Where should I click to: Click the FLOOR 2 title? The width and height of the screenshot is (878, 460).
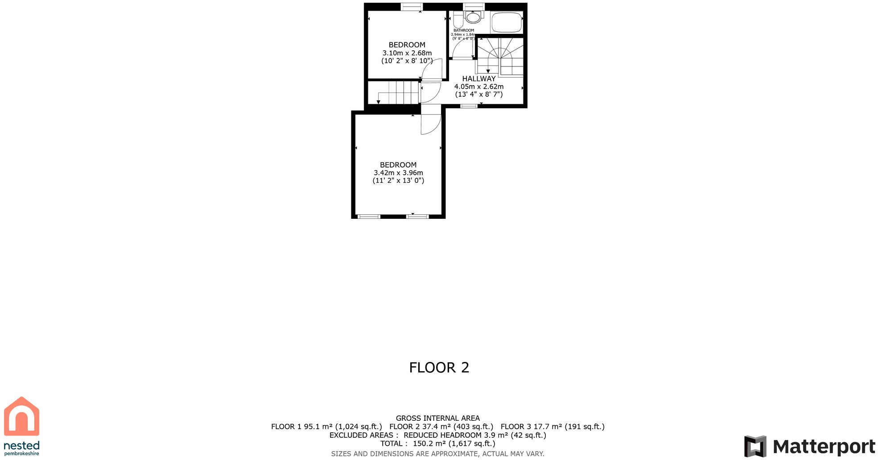tap(439, 368)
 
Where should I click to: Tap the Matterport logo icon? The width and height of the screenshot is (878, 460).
tap(755, 446)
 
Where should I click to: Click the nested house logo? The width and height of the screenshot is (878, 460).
tap(21, 416)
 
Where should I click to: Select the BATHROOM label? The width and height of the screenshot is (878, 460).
tap(464, 30)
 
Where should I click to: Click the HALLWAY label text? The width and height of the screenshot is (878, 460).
tap(478, 79)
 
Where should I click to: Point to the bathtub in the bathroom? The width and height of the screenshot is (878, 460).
tap(507, 22)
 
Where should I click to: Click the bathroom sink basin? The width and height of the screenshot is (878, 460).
tap(473, 18)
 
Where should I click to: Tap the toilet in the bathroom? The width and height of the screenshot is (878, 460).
tap(458, 20)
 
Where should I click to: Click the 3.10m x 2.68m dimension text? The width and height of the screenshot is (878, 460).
tap(407, 53)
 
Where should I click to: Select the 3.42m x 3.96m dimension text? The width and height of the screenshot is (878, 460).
tap(398, 173)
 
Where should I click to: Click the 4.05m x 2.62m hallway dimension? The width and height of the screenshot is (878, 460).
tap(478, 87)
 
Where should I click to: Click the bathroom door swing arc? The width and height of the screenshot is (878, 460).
tap(462, 49)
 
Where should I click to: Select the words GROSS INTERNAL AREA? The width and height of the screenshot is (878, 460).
tap(437, 418)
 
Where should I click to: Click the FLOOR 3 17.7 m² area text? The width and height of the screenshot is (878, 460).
tap(552, 427)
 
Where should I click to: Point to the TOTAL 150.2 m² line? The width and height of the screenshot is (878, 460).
tap(437, 444)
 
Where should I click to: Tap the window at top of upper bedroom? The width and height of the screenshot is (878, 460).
tap(412, 6)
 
